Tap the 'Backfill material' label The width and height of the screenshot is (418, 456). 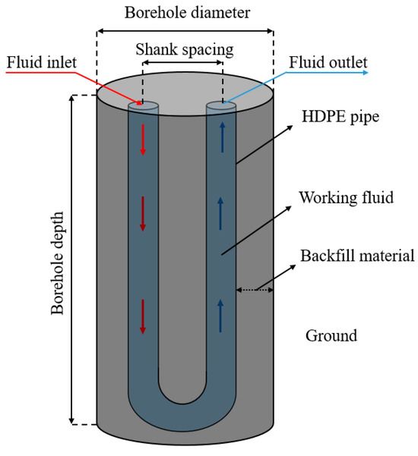(x=356, y=256)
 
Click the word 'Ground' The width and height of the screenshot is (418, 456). (x=331, y=335)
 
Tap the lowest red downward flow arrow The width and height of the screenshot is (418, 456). (x=142, y=316)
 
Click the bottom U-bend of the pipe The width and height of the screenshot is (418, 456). (x=182, y=414)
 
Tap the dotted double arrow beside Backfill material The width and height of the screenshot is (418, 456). (x=255, y=289)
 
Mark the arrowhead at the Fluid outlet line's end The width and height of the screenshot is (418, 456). (x=366, y=73)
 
